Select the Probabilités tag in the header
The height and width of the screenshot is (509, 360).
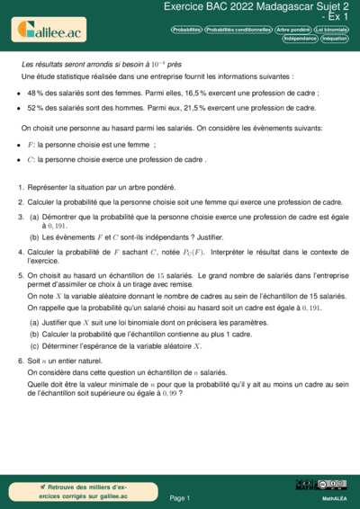pos(185,30)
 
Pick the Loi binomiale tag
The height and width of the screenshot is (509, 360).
pos(331,30)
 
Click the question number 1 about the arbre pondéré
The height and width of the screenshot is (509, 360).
pos(20,188)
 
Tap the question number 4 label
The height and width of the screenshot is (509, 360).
pos(20,249)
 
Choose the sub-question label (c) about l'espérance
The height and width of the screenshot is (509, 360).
pos(34,344)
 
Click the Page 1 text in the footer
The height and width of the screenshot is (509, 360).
pos(179,497)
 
